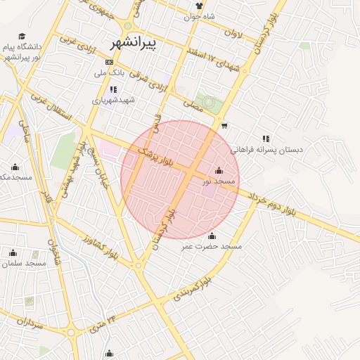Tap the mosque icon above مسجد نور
coord(219,170)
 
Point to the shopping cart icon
coord(224,126)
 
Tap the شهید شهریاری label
coord(117,100)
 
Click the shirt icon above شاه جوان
coord(199,5)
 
